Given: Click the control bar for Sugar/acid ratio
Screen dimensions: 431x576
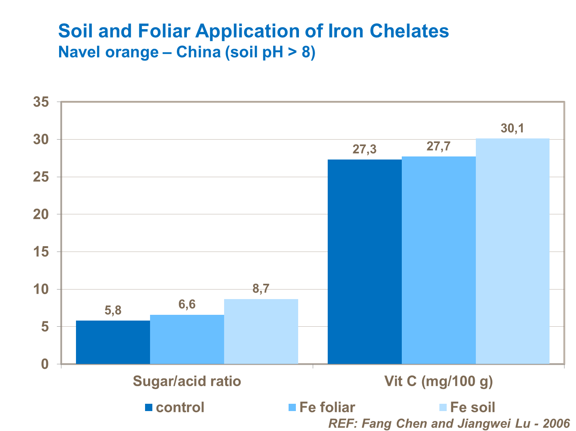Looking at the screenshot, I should click(x=113, y=342).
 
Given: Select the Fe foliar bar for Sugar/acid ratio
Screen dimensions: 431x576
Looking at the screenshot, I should click(x=187, y=339).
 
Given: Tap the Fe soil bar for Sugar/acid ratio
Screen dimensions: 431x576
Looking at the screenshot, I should click(x=261, y=331).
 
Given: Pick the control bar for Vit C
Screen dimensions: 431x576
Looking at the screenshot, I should click(x=365, y=262).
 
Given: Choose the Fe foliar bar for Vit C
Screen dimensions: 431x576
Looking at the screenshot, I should click(x=439, y=260).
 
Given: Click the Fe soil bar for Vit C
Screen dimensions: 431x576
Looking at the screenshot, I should click(x=513, y=251).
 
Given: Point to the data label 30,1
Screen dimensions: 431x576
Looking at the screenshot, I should click(x=512, y=128).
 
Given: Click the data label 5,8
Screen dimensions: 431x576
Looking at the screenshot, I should click(x=113, y=311).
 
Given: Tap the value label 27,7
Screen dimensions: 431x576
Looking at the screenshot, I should click(x=439, y=146).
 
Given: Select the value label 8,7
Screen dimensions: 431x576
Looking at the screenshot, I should click(x=261, y=289).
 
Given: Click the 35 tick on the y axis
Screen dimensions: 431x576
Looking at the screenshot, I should click(x=41, y=102).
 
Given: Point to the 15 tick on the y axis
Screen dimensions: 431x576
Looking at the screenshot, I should click(x=41, y=252).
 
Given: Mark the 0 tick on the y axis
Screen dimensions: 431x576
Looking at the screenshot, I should click(x=45, y=364).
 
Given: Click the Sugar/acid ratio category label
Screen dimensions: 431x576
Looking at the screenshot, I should click(x=187, y=381).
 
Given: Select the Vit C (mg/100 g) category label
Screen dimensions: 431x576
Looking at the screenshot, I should click(x=439, y=381).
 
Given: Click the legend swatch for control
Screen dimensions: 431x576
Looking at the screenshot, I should click(x=149, y=408).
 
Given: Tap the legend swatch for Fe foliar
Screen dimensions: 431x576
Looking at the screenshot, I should click(x=292, y=408).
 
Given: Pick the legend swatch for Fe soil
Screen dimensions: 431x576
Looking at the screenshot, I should click(x=443, y=408).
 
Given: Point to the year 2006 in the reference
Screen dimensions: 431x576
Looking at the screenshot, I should click(x=556, y=423).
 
